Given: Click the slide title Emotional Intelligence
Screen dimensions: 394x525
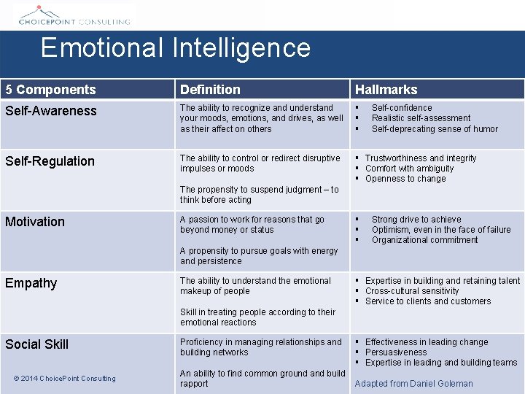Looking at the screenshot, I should pyautogui.click(x=176, y=48).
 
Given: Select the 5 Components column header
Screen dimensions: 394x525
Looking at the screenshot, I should pyautogui.click(x=51, y=90).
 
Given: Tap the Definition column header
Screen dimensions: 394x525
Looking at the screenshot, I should pyautogui.click(x=210, y=90).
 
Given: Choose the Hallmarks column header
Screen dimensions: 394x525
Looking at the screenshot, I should pyautogui.click(x=386, y=90).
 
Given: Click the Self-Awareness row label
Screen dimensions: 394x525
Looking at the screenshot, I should pyautogui.click(x=51, y=111).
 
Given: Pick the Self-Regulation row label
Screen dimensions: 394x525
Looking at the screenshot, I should pyautogui.click(x=50, y=161).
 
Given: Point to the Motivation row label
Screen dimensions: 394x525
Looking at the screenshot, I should pyautogui.click(x=35, y=222).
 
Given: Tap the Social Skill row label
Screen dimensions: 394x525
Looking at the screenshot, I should pyautogui.click(x=37, y=344).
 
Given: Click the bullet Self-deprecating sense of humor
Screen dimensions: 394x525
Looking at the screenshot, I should pyautogui.click(x=435, y=129).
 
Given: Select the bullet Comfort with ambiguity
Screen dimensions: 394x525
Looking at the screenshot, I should pyautogui.click(x=409, y=169).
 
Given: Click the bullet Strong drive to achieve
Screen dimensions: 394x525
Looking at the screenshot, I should pyautogui.click(x=416, y=220).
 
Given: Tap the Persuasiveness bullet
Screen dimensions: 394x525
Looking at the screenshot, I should pyautogui.click(x=396, y=352).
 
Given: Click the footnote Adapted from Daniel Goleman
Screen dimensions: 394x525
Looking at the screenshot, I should pyautogui.click(x=413, y=384).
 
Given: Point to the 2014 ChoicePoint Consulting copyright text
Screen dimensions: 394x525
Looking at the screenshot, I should pyautogui.click(x=65, y=379).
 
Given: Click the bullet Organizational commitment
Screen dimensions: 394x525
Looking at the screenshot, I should pyautogui.click(x=424, y=240).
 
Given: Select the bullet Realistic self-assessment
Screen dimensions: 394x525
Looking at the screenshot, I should pyautogui.click(x=421, y=118).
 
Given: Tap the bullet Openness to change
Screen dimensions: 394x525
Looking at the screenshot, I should pyautogui.click(x=405, y=179).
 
